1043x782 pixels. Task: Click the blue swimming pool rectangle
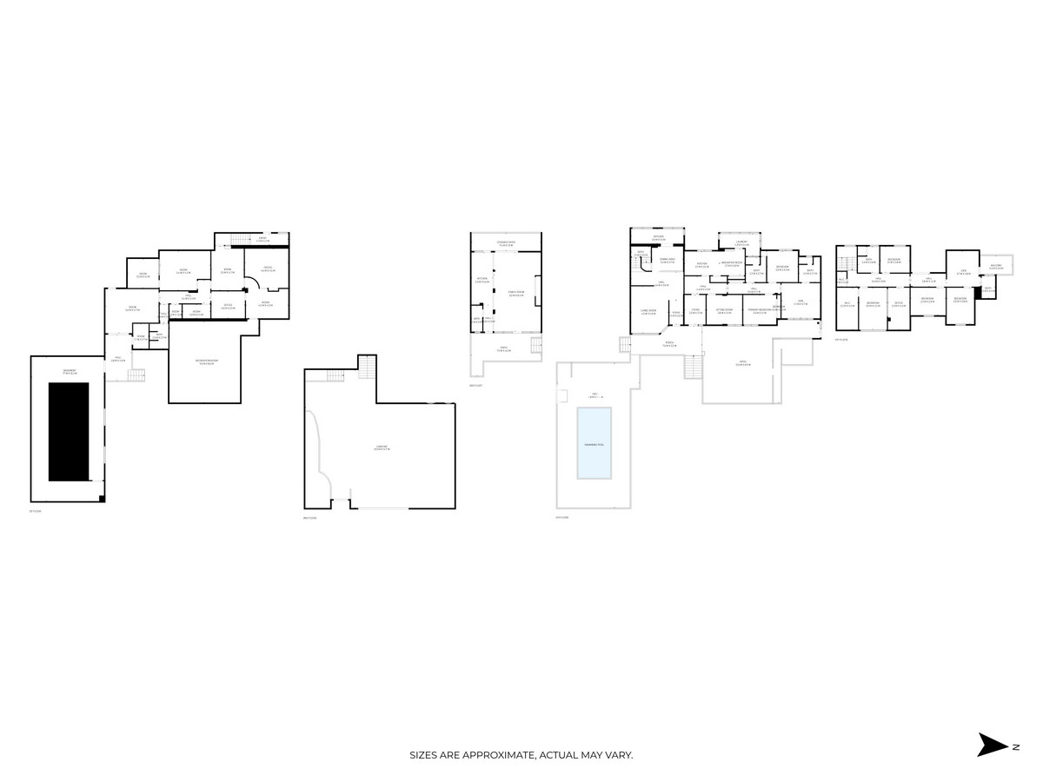click(x=594, y=443)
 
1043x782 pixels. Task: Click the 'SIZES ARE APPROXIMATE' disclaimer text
click(x=521, y=755)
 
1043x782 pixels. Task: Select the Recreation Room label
click(x=206, y=361)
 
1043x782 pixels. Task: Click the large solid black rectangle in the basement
click(x=68, y=432)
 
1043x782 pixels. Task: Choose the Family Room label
click(x=515, y=294)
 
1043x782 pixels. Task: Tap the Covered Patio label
click(x=506, y=243)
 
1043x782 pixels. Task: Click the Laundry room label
click(x=741, y=245)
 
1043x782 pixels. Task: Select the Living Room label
click(x=648, y=311)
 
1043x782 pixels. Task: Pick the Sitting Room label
click(x=724, y=310)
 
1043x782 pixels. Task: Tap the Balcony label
click(x=996, y=267)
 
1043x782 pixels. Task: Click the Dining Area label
click(x=668, y=261)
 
